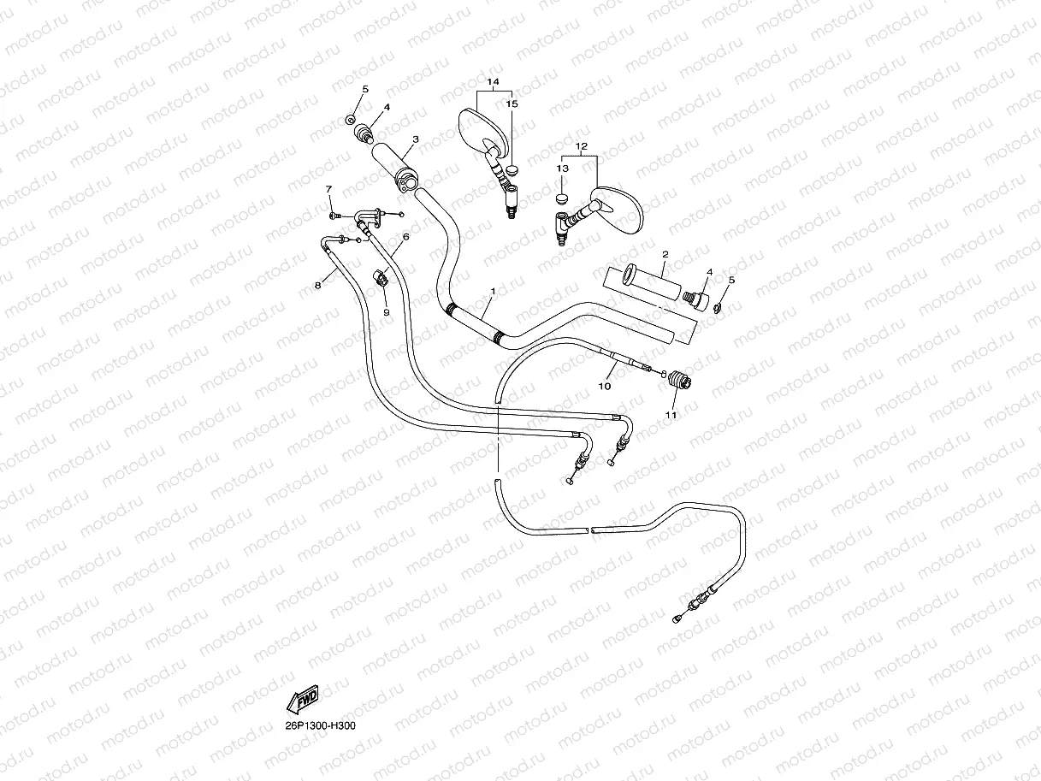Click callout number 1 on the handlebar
pyautogui.click(x=493, y=292)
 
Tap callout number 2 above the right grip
pyautogui.click(x=665, y=254)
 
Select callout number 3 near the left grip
pyautogui.click(x=415, y=139)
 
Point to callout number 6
pyautogui.click(x=405, y=236)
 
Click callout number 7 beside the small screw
pyautogui.click(x=328, y=188)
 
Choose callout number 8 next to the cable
pyautogui.click(x=317, y=285)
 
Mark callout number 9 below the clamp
pyautogui.click(x=386, y=312)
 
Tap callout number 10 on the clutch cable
pyautogui.click(x=604, y=387)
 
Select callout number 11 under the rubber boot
pyautogui.click(x=671, y=416)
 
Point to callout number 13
pyautogui.click(x=562, y=169)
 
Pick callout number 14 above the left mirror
pyautogui.click(x=493, y=82)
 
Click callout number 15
pyautogui.click(x=512, y=104)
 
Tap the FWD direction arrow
pyautogui.click(x=303, y=701)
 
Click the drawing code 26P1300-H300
pyautogui.click(x=321, y=726)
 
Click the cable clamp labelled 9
pyautogui.click(x=382, y=277)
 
